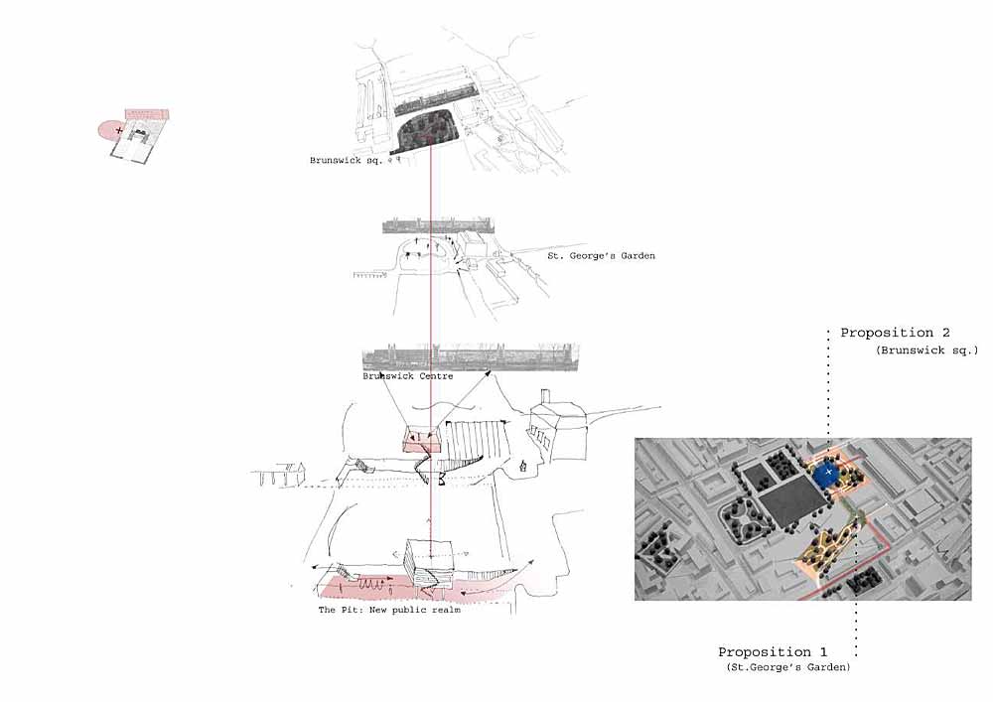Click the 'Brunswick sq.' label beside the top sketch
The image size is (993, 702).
pos(346,161)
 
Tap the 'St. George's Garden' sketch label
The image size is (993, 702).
pos(601,256)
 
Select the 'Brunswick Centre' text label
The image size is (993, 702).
pos(408,376)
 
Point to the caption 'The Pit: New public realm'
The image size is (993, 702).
pos(389,610)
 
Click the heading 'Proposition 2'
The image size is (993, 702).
pos(895,333)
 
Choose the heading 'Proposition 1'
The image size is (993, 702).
pos(773,652)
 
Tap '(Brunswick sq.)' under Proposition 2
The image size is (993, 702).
pos(927,351)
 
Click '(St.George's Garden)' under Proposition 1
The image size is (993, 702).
pos(788,667)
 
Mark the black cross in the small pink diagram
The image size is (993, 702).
pos(119,130)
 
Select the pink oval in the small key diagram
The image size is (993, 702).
pos(109,130)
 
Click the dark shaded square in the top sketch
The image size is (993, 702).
pos(426,131)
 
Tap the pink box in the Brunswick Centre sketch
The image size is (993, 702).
pos(422,439)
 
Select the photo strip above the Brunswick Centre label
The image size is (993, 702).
pos(471,357)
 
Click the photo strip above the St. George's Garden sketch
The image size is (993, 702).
pos(438,226)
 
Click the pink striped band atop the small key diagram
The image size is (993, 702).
pos(147,114)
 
